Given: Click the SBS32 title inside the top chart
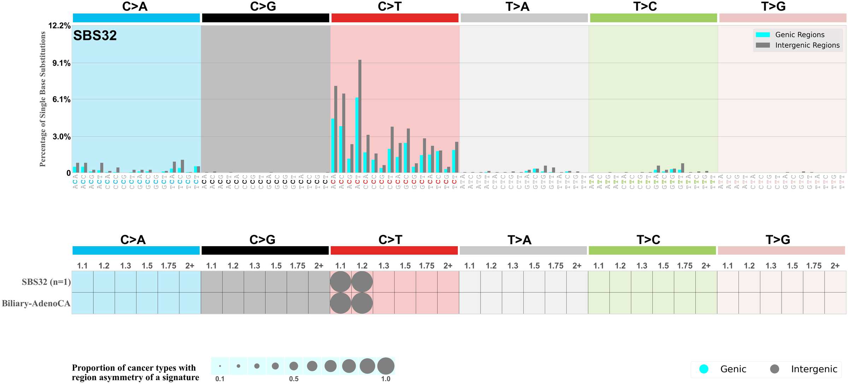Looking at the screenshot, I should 95,36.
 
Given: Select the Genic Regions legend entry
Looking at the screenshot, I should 799,35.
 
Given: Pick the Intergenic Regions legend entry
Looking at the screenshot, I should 807,45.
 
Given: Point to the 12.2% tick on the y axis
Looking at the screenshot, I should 59,25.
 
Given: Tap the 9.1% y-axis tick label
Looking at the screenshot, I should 61,63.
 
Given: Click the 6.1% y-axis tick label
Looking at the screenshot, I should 61,99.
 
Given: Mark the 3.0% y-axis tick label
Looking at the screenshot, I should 61,137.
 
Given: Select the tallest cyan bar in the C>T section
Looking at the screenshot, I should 357,135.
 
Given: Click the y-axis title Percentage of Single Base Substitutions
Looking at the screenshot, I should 43,99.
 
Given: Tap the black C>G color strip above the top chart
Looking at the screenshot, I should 265,18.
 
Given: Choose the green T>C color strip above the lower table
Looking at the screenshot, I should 652,250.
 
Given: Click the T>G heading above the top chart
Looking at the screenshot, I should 773,6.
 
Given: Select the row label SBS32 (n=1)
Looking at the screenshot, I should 46,282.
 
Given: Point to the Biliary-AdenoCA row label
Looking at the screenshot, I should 36,303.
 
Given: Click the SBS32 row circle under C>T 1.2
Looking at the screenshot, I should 362,282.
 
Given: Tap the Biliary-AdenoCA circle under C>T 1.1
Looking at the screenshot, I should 340,303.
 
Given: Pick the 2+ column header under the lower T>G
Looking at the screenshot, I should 835,266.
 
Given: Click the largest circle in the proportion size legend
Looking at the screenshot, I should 385,366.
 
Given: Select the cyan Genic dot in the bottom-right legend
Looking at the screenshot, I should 704,369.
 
